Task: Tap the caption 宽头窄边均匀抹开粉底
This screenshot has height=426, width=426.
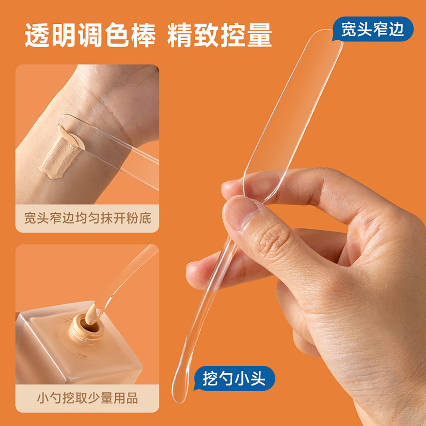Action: pos(87,218)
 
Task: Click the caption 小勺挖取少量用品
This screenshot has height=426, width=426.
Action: pos(87,398)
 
